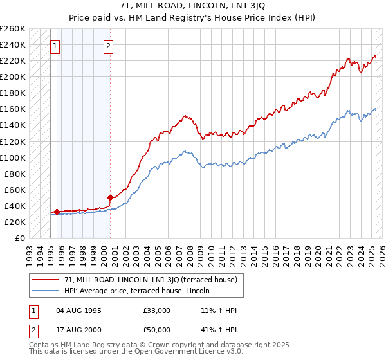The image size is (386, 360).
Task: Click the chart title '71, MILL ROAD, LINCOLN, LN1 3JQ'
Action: [192, 6]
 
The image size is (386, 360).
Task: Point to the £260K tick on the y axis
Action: [13, 29]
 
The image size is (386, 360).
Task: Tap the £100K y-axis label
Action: [13, 157]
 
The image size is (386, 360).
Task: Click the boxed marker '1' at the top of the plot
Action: [55, 46]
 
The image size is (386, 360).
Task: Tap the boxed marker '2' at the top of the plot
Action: [109, 46]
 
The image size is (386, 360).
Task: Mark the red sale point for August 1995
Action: [57, 212]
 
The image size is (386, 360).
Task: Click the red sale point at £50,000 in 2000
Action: [111, 198]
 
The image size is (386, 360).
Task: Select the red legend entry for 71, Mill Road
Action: [151, 280]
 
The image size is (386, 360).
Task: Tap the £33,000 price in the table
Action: [157, 310]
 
